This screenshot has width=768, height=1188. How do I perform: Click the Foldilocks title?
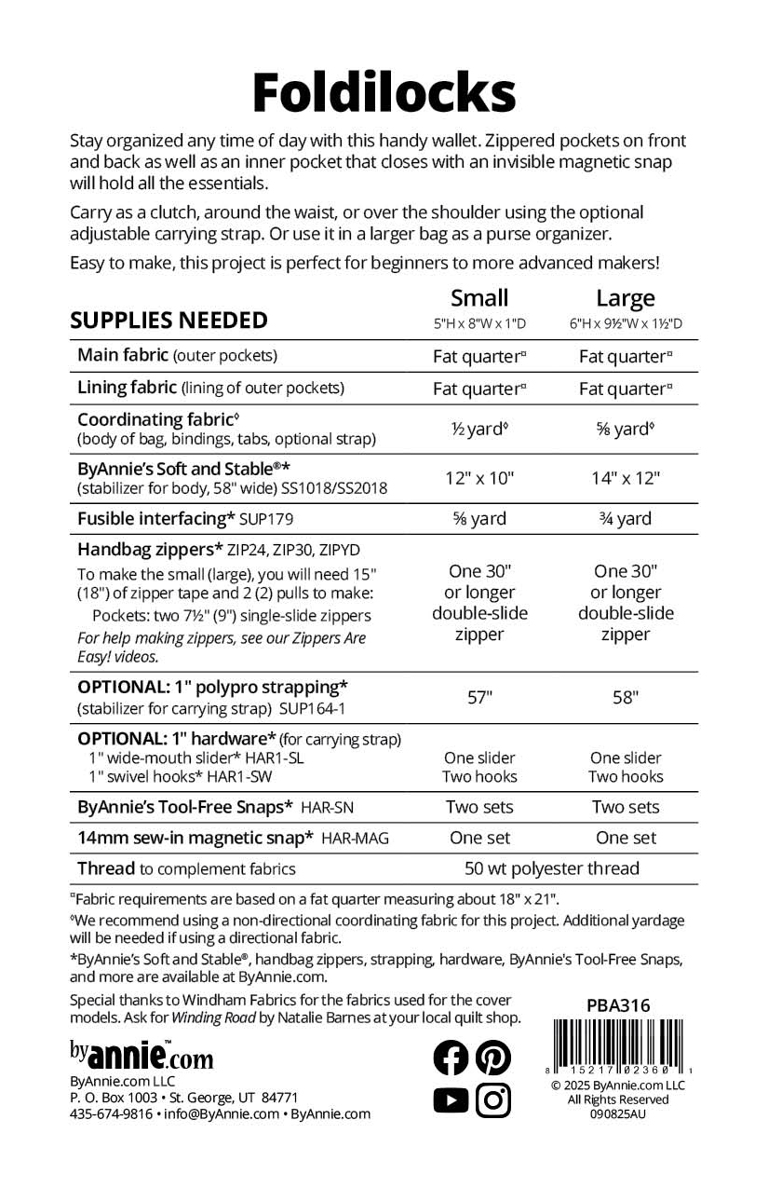(384, 91)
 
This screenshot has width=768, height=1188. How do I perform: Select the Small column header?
(479, 298)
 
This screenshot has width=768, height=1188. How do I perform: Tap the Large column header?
(626, 298)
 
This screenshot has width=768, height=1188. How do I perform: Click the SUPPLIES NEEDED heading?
(169, 321)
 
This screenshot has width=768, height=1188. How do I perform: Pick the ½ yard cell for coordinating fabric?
(479, 430)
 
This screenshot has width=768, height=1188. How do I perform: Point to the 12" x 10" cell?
(479, 478)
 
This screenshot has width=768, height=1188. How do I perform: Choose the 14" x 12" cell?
(626, 478)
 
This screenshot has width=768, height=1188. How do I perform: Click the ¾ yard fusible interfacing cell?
(626, 519)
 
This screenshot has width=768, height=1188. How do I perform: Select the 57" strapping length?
(479, 697)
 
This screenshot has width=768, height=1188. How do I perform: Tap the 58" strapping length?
(626, 697)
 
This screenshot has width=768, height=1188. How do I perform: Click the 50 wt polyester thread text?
(552, 868)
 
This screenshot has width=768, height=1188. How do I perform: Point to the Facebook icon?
(451, 1057)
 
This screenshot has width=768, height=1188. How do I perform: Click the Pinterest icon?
(493, 1057)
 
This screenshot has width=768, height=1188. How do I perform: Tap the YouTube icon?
(451, 1100)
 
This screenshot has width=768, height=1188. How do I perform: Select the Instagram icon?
(493, 1100)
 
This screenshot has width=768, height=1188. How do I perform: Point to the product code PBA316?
(618, 1005)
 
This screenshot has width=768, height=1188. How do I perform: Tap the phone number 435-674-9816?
(111, 1113)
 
